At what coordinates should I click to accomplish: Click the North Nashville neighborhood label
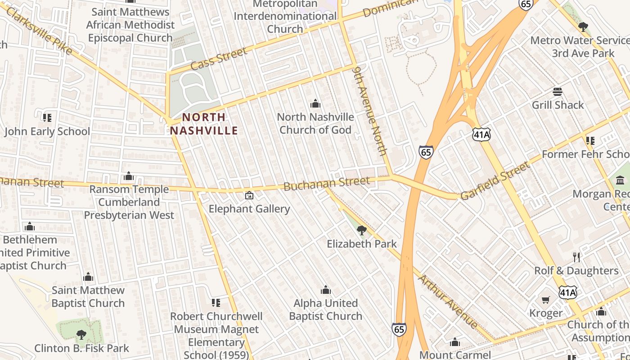point(204,124)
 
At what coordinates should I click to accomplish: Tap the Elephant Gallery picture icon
point(249,195)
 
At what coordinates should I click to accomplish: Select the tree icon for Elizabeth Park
point(361,231)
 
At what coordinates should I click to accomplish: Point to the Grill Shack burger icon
point(558,92)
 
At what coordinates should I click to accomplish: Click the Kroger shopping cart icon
point(546,300)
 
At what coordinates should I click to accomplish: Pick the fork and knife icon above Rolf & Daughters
point(576,257)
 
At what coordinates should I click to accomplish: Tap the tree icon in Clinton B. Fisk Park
point(81,334)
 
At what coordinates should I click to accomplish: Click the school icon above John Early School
point(47,118)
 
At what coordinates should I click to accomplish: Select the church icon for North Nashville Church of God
point(315,104)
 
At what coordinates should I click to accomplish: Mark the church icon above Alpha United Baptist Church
point(325,290)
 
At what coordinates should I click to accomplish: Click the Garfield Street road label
point(495,181)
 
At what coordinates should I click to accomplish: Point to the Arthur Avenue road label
point(448,301)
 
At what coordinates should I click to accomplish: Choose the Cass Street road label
point(219,58)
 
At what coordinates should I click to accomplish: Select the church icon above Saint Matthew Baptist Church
point(88,277)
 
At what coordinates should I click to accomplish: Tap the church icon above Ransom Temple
point(129,176)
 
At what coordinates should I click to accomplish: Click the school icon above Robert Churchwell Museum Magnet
point(216,303)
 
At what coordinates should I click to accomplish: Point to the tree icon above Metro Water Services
point(583,27)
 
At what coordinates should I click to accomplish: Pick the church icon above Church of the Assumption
point(601,311)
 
